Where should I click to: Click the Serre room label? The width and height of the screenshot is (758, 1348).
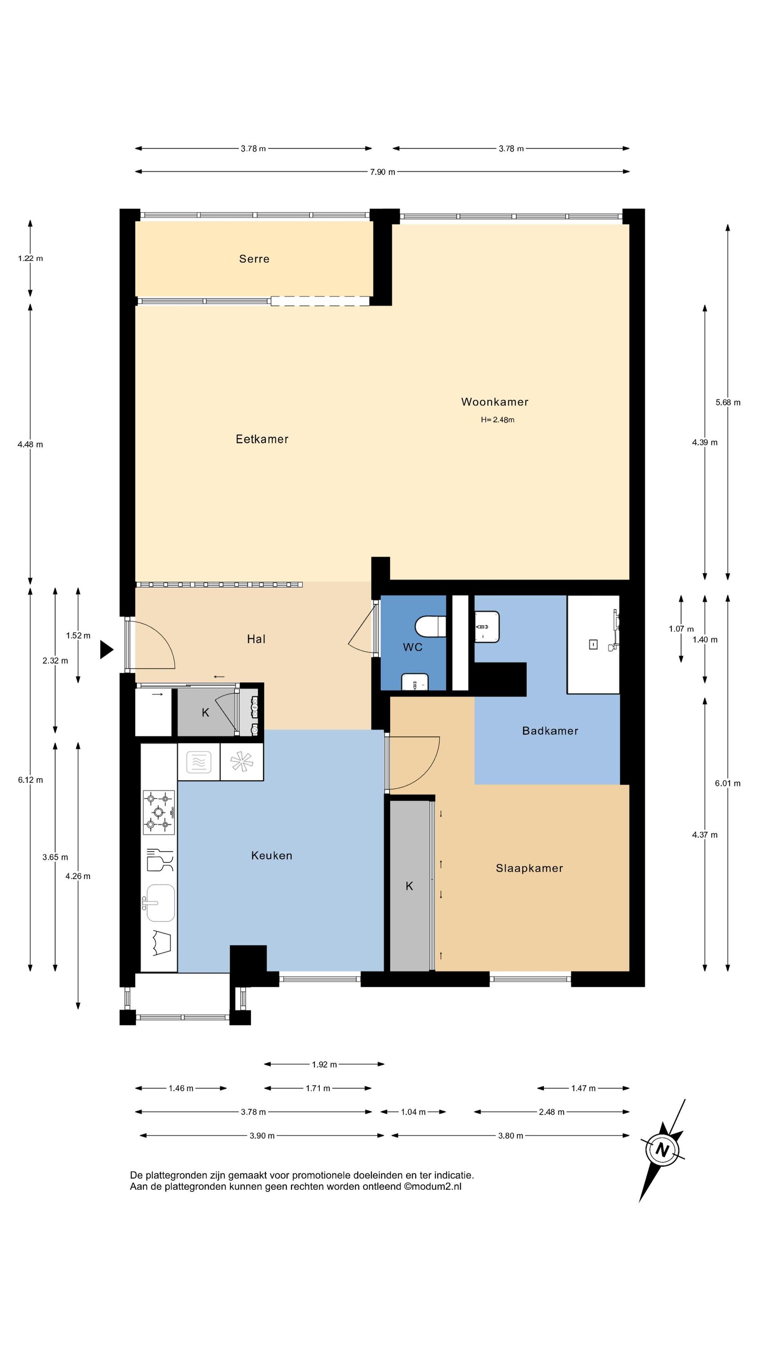coord(254,258)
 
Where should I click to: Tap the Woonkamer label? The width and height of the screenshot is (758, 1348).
coord(494,402)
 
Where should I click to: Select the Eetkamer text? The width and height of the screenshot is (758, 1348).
coord(262,439)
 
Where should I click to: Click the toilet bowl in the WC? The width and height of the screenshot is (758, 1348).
coord(430,626)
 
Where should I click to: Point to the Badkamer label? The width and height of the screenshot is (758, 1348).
coord(550,731)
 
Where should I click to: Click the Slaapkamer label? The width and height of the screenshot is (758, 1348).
coord(529,868)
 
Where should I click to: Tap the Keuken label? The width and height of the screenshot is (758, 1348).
coord(272,856)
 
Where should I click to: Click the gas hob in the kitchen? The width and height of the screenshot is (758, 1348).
coord(159,811)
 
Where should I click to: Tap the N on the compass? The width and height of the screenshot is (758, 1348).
coord(663,1150)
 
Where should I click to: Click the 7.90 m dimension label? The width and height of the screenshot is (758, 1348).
coord(383,172)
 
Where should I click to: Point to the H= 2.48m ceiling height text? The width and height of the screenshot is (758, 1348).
coord(498,420)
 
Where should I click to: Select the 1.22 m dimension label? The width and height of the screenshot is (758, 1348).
coord(31,258)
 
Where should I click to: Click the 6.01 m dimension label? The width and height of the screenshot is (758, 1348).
coord(727,783)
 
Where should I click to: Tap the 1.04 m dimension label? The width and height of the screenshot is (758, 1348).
coord(413,1112)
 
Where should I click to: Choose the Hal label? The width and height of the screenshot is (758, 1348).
coord(256,639)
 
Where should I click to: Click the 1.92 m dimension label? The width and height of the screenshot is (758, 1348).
coord(324,1064)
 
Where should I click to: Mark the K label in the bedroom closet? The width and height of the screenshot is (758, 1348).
coord(410,886)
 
